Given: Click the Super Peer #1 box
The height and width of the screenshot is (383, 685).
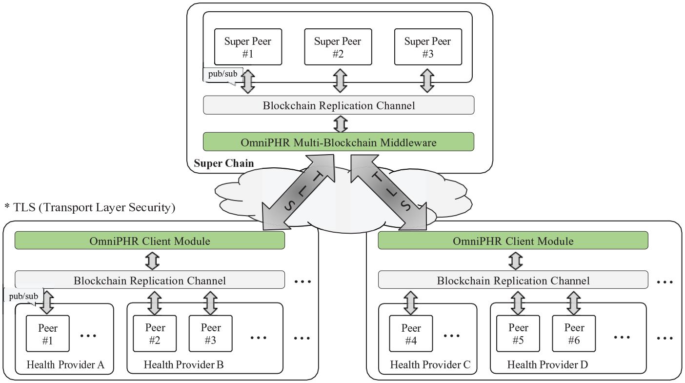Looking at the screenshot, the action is tap(248, 47).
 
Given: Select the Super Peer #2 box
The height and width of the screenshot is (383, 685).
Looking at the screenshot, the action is tap(338, 47).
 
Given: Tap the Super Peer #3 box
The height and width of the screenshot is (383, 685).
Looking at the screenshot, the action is tap(428, 47).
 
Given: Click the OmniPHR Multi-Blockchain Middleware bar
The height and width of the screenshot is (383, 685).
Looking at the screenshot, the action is tap(339, 141).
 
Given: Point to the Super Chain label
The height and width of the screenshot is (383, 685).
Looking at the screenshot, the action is tap(224, 163).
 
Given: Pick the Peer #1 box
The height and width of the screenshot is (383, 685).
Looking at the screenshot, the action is tap(48, 333).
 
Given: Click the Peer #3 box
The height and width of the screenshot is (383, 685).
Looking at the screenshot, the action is tap(210, 333).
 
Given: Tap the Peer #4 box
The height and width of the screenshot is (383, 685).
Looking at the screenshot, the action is tap(411, 333).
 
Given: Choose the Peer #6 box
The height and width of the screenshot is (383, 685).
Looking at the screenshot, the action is tap(574, 333).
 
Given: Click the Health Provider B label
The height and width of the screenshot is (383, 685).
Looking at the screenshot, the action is tap(184, 364).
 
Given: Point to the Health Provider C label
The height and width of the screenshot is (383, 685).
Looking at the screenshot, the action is tap(430, 364).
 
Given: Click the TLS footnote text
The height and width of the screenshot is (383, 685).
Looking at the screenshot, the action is tap(90, 207).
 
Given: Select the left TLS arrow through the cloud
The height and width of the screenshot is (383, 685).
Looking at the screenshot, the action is tap(298, 192).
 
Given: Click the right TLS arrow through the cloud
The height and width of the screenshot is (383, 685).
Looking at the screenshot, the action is tap(389, 192).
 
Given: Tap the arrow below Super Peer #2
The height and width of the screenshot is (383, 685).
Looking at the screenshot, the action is tap(340, 81).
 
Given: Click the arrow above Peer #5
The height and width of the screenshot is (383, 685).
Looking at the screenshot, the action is tap(518, 303).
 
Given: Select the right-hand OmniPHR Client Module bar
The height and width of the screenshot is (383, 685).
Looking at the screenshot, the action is tap(513, 241).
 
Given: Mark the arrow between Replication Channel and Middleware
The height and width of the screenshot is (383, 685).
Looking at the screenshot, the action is tap(341, 123).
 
